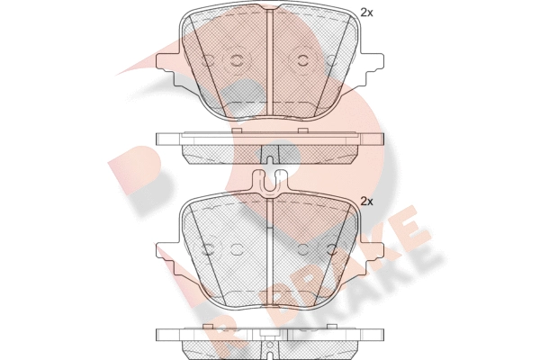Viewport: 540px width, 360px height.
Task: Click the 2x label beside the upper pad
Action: click(366, 13)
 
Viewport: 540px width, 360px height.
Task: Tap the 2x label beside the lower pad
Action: click(366, 202)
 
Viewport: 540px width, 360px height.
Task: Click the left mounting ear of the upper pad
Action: click(168, 69)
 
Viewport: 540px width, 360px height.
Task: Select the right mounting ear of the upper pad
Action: click(371, 69)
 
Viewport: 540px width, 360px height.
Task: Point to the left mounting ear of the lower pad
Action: click(168, 258)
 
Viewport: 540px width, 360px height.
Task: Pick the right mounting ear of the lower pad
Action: click(371, 258)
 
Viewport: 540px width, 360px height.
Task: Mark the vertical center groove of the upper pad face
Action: click(270, 63)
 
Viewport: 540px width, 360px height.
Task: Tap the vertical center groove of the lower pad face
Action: click(270, 253)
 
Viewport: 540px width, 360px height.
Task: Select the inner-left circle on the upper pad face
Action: click(237, 60)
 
